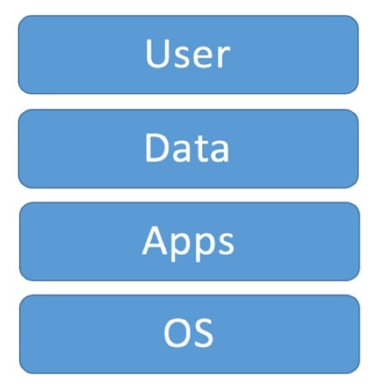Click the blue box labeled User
coord(188,54)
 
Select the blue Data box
coord(188,148)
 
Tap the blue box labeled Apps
coord(190,242)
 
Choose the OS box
coord(190,334)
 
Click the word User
coord(188,54)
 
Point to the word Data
coord(186,147)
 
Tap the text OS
coord(188,333)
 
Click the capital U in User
coord(157,54)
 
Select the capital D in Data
coord(157,147)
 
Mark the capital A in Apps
coord(154,240)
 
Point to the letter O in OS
coord(176,333)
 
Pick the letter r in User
coord(223,57)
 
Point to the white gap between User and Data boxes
coord(188,101)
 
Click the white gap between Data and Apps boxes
coord(189,195)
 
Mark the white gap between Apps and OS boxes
coord(190,288)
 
